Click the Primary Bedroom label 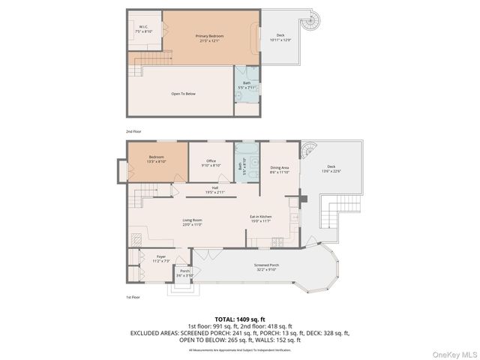pos(206,38)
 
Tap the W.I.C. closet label pos(144,31)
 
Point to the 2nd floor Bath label pos(246,85)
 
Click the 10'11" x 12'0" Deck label pos(280,37)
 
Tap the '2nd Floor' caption pos(133,131)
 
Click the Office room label pos(212,163)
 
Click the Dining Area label pos(280,169)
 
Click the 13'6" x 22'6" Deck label pos(331,169)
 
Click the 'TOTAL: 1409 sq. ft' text pos(240,319)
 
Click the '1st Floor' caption pos(133,297)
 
